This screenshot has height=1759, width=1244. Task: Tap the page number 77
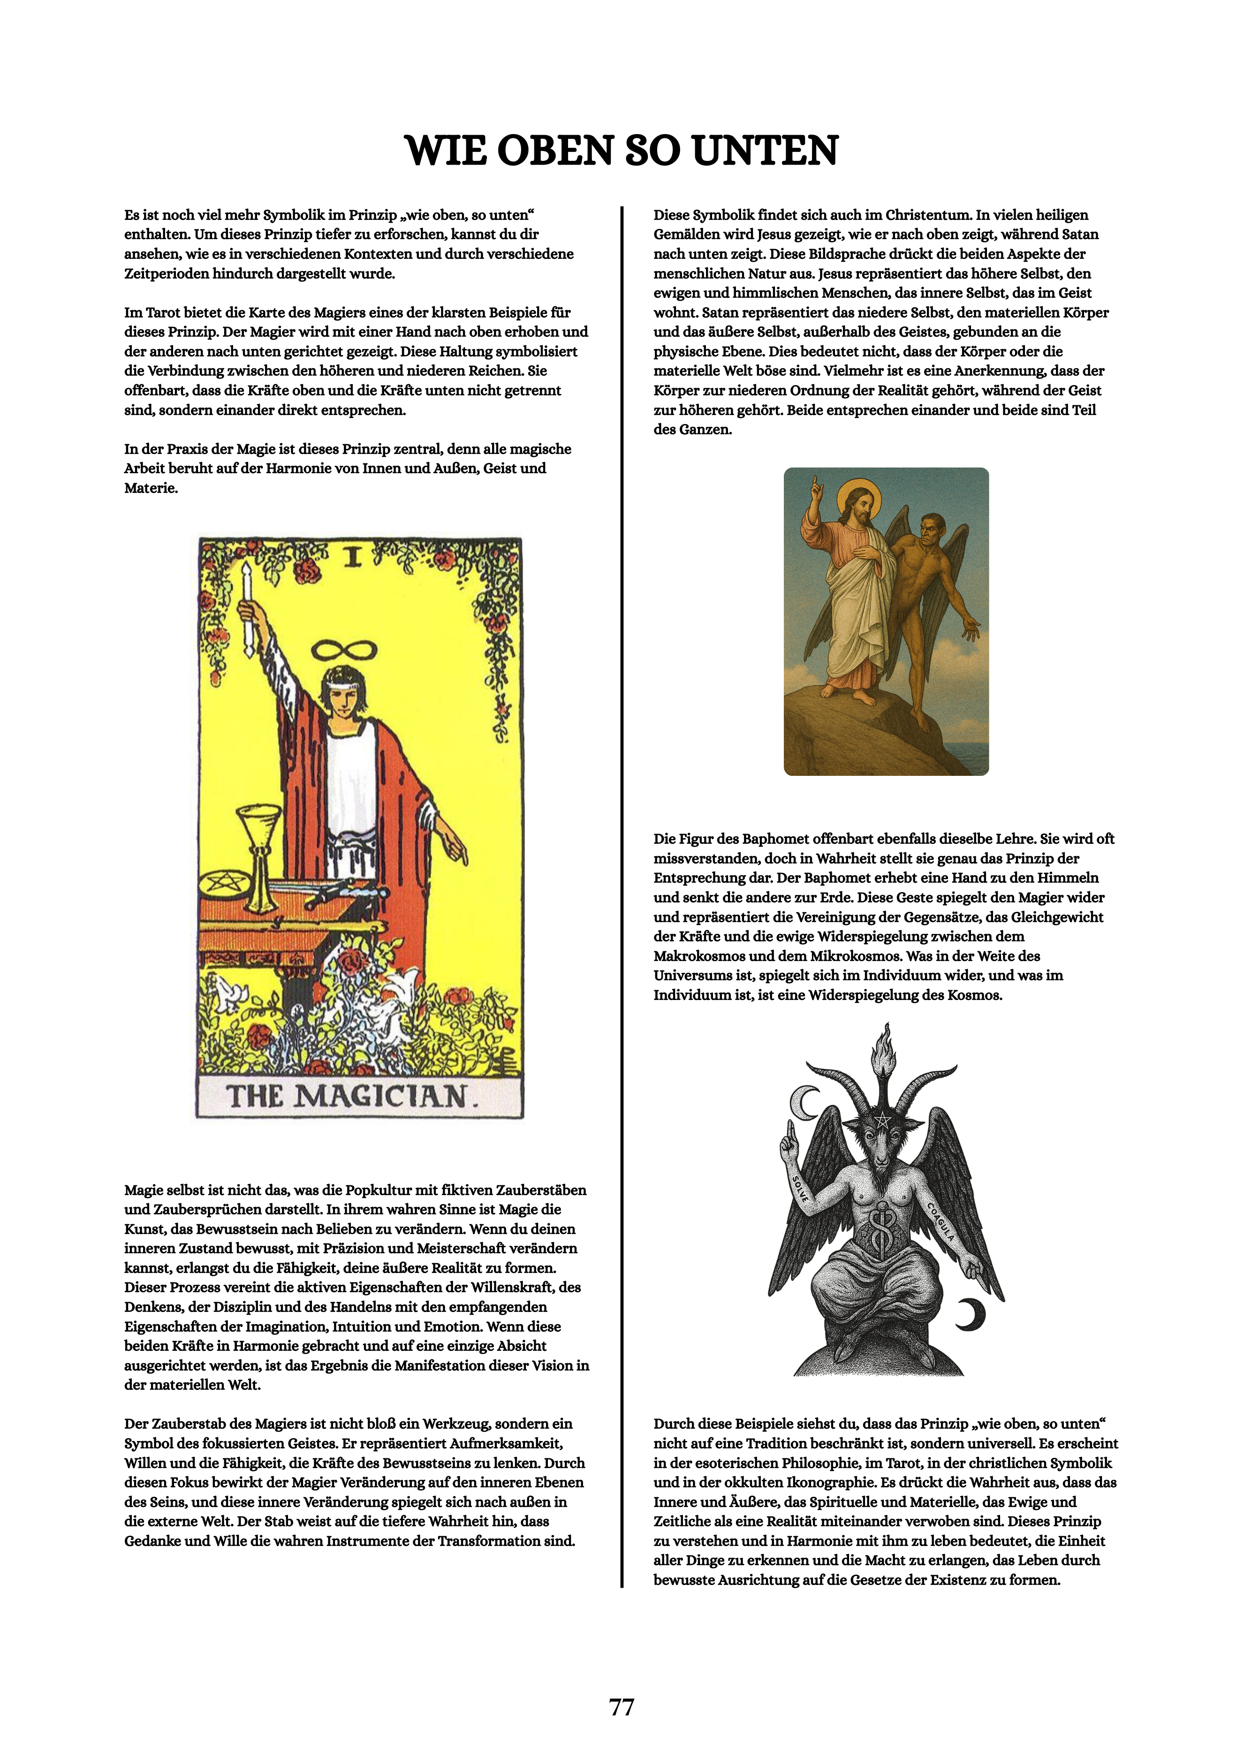pyautogui.click(x=621, y=1707)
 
